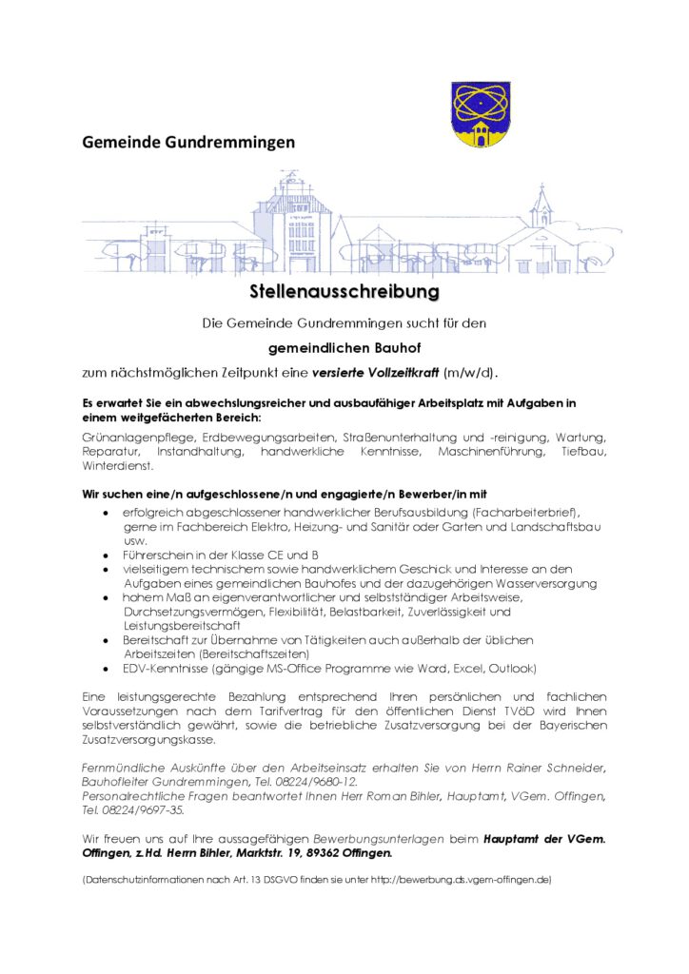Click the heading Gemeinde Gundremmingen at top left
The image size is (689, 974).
click(188, 143)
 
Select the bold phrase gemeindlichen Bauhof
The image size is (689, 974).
click(344, 348)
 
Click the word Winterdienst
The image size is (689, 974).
click(117, 466)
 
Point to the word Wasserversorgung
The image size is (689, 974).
click(539, 582)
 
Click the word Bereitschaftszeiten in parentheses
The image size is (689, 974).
click(254, 654)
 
